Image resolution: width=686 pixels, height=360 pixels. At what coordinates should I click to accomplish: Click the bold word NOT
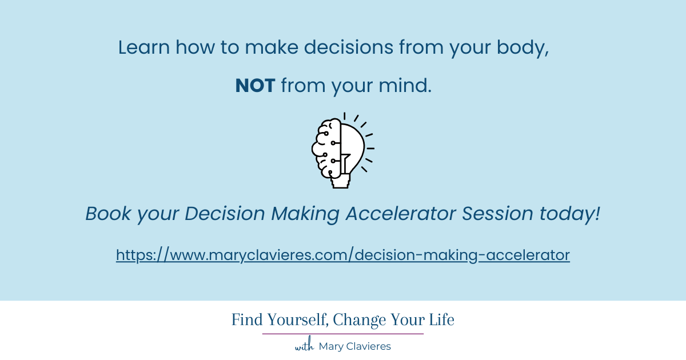coord(255,86)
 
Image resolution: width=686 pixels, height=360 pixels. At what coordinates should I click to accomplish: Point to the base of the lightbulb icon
coord(341,181)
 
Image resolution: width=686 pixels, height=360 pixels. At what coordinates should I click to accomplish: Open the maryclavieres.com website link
coord(343,255)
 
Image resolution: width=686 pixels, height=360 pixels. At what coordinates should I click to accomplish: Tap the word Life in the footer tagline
coord(442,320)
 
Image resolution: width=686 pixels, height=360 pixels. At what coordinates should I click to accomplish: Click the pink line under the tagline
coord(343,334)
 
